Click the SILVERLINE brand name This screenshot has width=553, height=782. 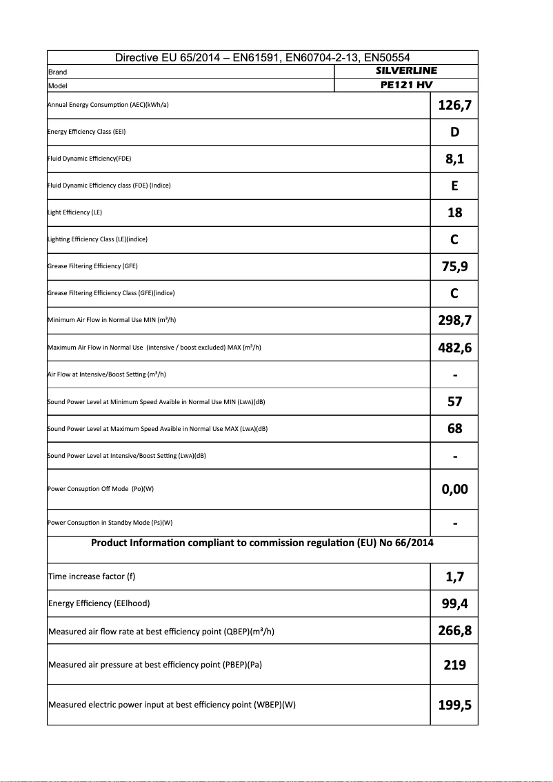(406, 71)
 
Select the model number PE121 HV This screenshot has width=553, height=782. (406, 86)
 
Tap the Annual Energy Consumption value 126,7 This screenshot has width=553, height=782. (454, 106)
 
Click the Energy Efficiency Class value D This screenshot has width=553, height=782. (454, 132)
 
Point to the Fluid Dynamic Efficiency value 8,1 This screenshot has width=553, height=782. (454, 159)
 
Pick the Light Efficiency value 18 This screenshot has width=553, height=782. (454, 213)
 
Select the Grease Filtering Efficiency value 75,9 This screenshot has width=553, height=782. (454, 267)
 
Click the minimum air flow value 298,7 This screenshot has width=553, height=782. (454, 321)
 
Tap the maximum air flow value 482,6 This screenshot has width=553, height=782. (454, 348)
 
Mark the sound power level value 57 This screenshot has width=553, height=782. (454, 401)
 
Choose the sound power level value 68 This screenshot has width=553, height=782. (454, 428)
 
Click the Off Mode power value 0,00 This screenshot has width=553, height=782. (454, 489)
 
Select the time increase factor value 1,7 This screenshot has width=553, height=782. (454, 577)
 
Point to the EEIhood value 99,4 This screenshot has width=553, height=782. (454, 604)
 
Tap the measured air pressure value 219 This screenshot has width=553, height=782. (454, 665)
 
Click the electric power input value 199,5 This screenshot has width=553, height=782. (454, 705)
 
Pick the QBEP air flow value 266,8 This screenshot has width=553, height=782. (454, 631)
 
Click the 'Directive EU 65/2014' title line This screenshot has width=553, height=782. (263, 58)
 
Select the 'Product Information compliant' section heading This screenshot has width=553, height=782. (262, 543)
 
